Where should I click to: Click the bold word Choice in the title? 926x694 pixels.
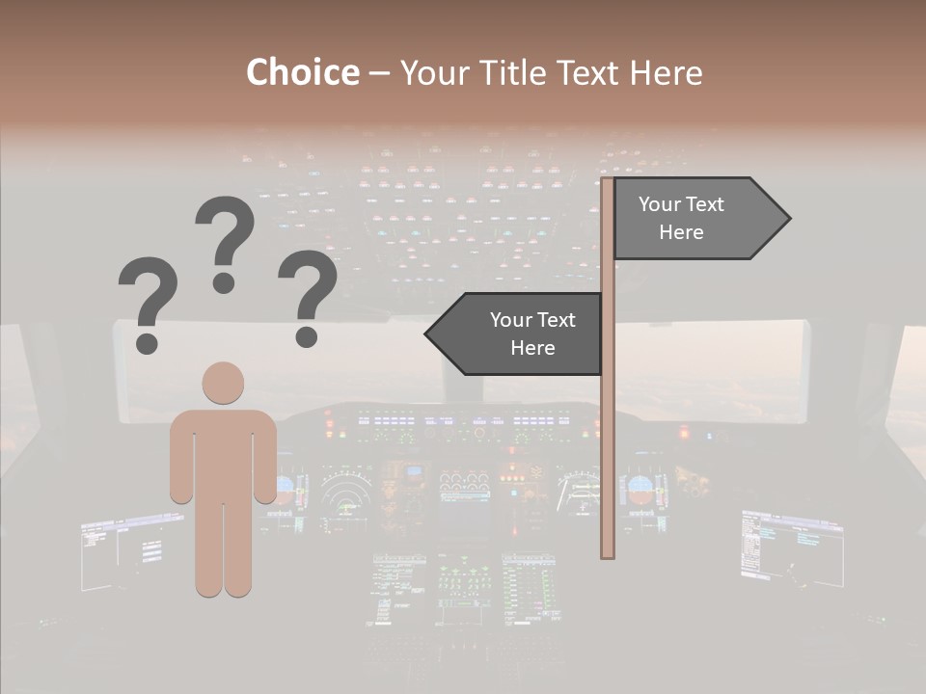[302, 72]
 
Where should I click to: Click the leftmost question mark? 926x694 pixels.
[148, 299]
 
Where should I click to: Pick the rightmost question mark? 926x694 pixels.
[308, 294]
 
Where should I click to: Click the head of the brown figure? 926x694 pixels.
[223, 383]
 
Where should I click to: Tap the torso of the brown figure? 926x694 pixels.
[223, 453]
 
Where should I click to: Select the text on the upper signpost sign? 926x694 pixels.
[681, 218]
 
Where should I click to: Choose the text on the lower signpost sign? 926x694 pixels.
[531, 334]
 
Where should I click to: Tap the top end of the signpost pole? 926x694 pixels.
[608, 182]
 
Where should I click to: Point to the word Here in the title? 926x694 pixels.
[666, 72]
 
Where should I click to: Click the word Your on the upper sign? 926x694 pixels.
[660, 204]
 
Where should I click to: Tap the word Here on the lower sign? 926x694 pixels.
[531, 348]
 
